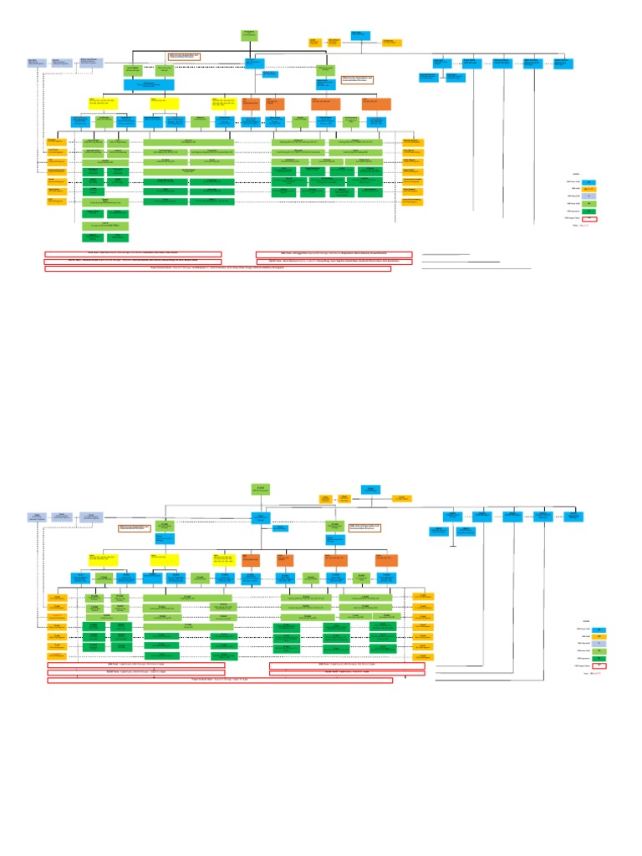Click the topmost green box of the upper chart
click(x=249, y=34)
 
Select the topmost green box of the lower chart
click(x=258, y=489)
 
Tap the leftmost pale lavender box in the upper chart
click(x=36, y=62)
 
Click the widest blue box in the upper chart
click(x=149, y=84)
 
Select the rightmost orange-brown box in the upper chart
click(x=375, y=104)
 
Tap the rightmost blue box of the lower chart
click(x=573, y=516)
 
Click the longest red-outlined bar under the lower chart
click(x=220, y=680)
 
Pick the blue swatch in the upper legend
click(x=588, y=181)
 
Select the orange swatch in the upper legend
click(x=588, y=189)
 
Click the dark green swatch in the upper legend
click(x=588, y=211)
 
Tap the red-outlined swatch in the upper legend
click(x=588, y=219)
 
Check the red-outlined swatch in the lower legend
click(x=598, y=666)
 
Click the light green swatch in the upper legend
click(x=588, y=204)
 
